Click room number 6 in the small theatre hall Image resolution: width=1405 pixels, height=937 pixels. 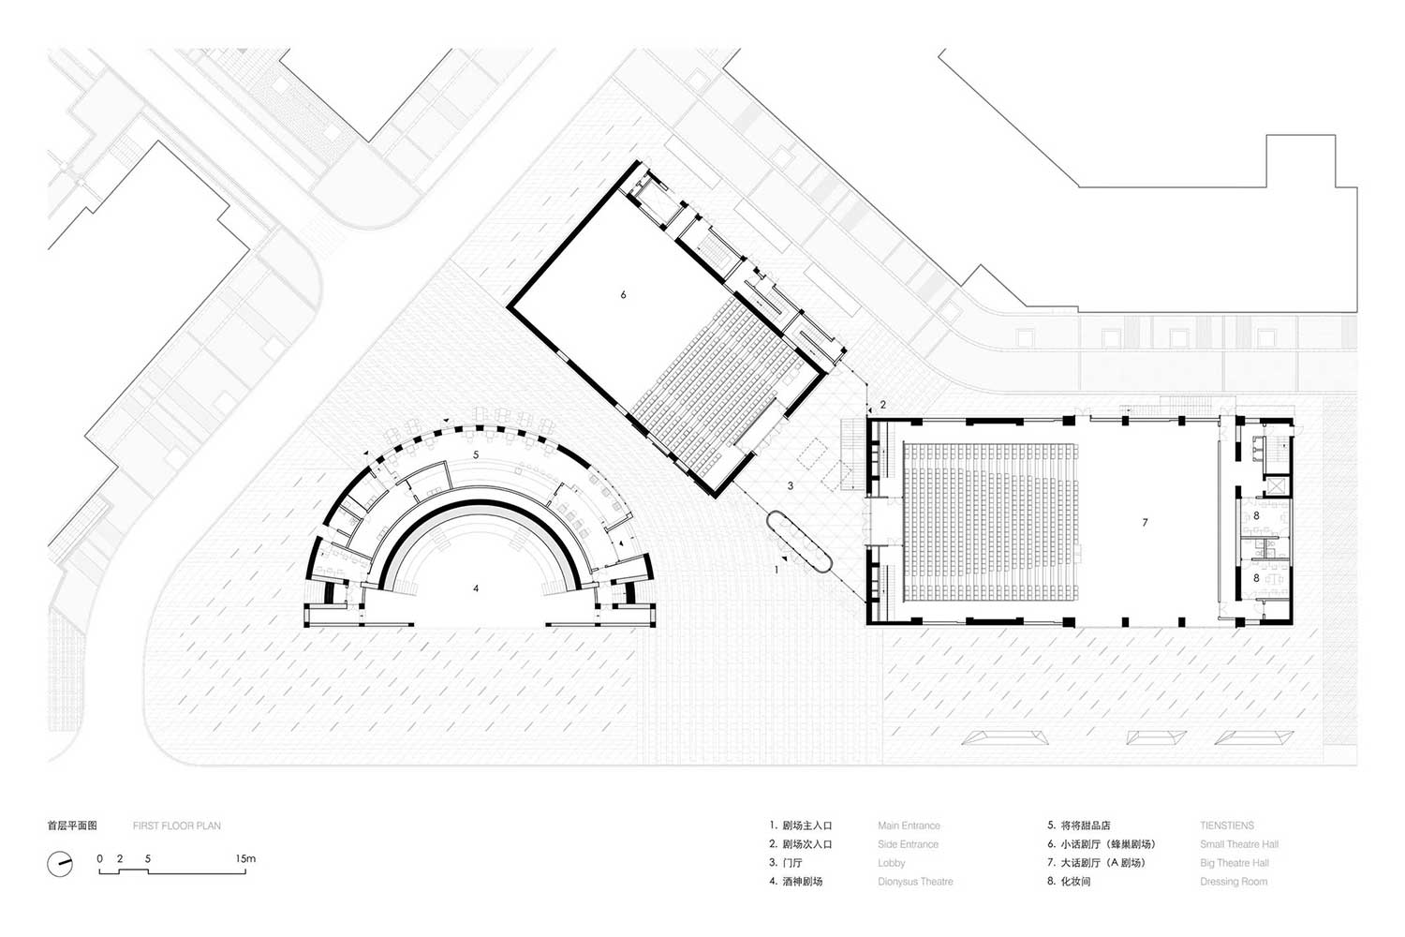(x=623, y=294)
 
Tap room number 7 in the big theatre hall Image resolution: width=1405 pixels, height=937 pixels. (x=1145, y=522)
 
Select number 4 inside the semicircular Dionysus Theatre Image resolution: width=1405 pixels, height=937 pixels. (x=476, y=588)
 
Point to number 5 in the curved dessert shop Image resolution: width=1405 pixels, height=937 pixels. (x=476, y=454)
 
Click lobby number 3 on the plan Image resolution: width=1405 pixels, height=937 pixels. (x=791, y=485)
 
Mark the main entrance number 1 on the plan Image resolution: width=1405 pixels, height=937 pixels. (x=776, y=570)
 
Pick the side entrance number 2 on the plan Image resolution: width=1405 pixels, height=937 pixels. (x=883, y=405)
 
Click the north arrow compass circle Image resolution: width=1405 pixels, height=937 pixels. (x=60, y=864)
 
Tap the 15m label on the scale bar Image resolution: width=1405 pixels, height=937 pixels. (x=245, y=858)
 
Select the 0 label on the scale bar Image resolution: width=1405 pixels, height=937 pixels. (x=99, y=858)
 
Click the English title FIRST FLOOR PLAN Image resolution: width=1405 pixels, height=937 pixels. (x=177, y=825)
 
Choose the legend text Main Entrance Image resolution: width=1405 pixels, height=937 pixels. (x=909, y=825)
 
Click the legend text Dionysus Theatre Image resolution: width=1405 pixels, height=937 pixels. (x=915, y=882)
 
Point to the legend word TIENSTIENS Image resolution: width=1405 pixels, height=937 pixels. (x=1227, y=825)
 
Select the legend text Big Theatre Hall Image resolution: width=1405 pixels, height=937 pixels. (x=1235, y=863)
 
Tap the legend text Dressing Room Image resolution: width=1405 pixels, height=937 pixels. (x=1234, y=882)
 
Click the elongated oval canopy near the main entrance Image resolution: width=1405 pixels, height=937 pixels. (x=799, y=542)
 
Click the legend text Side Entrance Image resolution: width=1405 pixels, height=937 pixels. (x=909, y=845)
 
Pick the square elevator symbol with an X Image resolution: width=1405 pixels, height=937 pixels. (x=1275, y=485)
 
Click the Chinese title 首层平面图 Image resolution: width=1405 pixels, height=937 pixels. (x=72, y=825)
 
